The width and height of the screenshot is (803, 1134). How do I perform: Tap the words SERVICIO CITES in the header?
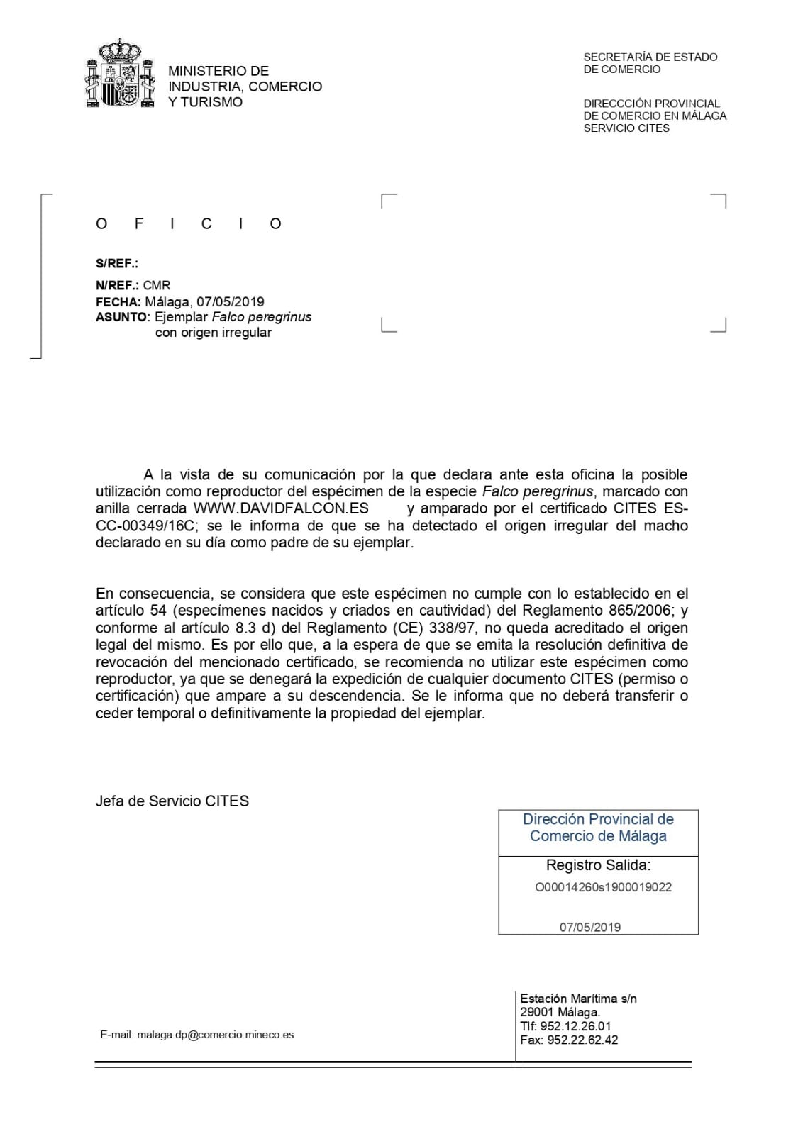point(626,128)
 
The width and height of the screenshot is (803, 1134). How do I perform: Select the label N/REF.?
point(118,285)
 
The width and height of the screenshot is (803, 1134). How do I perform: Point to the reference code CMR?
point(157,285)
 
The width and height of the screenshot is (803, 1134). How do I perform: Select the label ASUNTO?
point(121,317)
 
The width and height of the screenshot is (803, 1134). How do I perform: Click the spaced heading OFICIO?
point(189,224)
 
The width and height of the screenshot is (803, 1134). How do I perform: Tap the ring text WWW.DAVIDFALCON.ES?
point(281,508)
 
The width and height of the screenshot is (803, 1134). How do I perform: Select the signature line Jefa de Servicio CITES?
point(172,801)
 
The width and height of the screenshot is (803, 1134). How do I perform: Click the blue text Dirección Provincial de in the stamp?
point(598,819)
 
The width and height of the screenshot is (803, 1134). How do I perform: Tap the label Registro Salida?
point(598,865)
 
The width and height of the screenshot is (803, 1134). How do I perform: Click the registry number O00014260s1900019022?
point(603,887)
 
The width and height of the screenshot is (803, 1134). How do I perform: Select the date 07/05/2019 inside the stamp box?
point(589,927)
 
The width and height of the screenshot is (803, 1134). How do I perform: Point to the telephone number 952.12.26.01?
point(576,1026)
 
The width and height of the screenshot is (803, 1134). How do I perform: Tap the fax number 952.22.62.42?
point(582,1040)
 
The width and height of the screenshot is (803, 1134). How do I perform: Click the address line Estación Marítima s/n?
point(578,999)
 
